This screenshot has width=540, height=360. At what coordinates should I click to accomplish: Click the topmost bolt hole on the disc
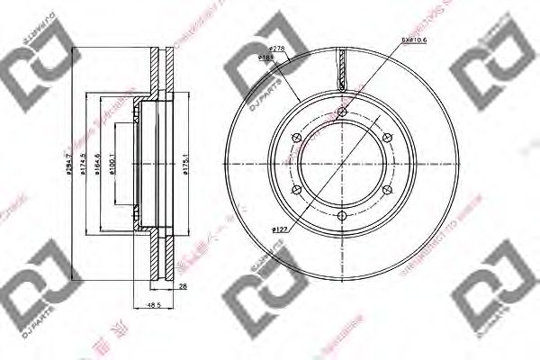coord(342,112)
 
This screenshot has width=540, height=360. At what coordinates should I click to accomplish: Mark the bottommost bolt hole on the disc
coord(342,217)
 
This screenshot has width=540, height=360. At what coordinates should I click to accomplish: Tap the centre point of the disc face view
coord(342,165)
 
